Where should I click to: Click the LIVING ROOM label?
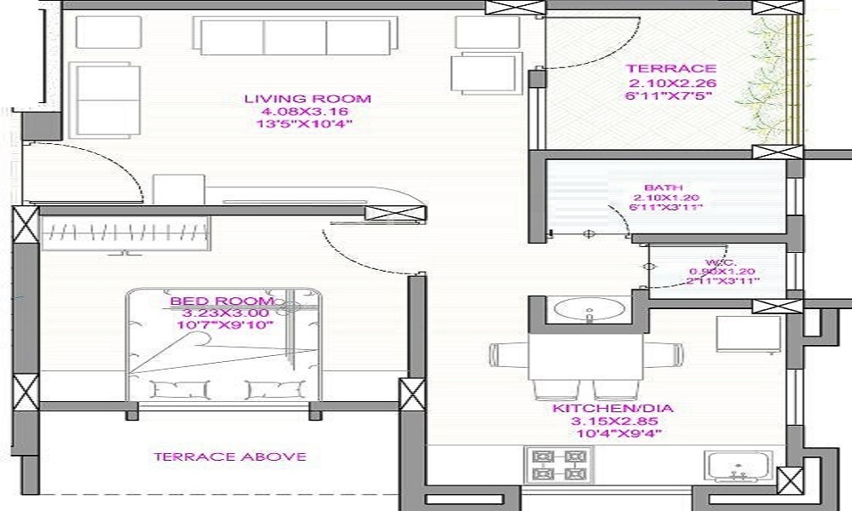pos(308,99)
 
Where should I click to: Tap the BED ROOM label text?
pos(222,301)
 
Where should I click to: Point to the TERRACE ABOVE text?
pos(229,456)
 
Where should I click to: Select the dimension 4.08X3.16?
pos(308,112)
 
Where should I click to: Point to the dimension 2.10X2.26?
pos(672,83)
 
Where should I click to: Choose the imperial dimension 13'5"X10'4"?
pos(308,124)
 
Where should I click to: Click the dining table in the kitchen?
pos(586,358)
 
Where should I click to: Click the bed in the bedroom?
pos(224,345)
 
